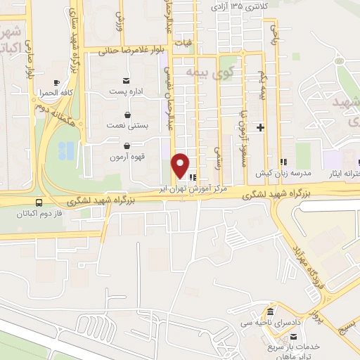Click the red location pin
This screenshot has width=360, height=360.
(x=181, y=165)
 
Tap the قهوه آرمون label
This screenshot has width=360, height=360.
(x=127, y=157)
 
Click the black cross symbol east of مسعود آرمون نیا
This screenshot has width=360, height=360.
(x=261, y=127)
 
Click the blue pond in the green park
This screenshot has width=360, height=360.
(x=67, y=150)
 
